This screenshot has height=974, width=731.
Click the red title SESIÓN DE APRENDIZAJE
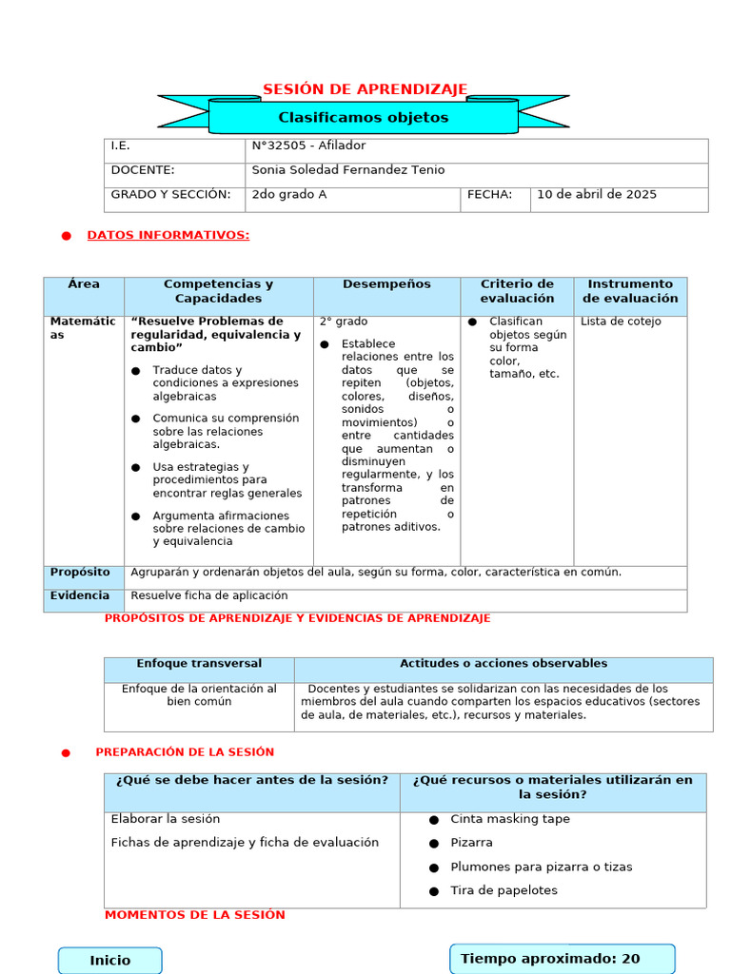pos(365,89)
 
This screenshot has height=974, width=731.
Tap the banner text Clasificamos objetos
pos(363,118)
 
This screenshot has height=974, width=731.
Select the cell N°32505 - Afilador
pos(308,146)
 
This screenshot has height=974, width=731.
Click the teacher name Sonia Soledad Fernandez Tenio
pos(347,170)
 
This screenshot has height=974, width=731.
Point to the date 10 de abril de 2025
pos(596,194)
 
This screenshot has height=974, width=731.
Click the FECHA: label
pos(489,194)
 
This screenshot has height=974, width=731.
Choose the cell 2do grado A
pos(289,194)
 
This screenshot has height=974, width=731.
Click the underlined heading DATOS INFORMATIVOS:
pos(168,235)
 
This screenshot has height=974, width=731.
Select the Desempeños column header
pos(386,284)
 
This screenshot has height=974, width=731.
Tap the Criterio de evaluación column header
pos(517,291)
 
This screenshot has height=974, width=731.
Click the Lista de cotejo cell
pos(621,321)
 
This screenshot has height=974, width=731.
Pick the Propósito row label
pos(80,573)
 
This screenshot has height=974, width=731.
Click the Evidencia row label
pos(80,595)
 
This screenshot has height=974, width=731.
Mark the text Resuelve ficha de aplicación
pos(208,595)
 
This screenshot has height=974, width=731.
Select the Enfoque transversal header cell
pos(199,664)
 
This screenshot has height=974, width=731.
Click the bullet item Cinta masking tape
pos(510,819)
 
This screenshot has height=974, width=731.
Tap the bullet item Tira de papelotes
pos(504,890)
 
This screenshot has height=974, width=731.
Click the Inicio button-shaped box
pos(109,960)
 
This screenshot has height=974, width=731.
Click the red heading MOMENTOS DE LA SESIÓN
pos(194,915)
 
